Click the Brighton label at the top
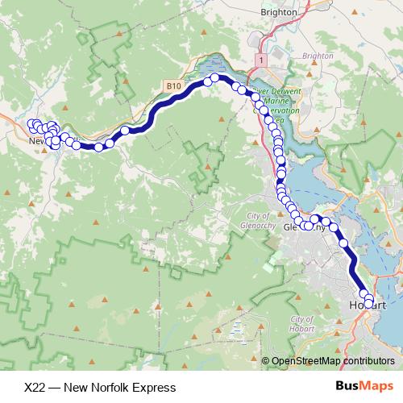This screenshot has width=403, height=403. (280, 13)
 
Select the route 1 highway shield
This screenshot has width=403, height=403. (262, 60)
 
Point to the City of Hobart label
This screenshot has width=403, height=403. (302, 324)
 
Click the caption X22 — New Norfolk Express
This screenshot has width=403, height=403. (100, 387)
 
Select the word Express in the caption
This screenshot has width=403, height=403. (156, 387)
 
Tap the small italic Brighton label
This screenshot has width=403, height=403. (318, 56)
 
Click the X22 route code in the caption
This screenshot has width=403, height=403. (35, 387)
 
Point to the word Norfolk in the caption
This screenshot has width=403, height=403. (113, 387)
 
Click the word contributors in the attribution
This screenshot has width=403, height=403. (368, 361)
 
